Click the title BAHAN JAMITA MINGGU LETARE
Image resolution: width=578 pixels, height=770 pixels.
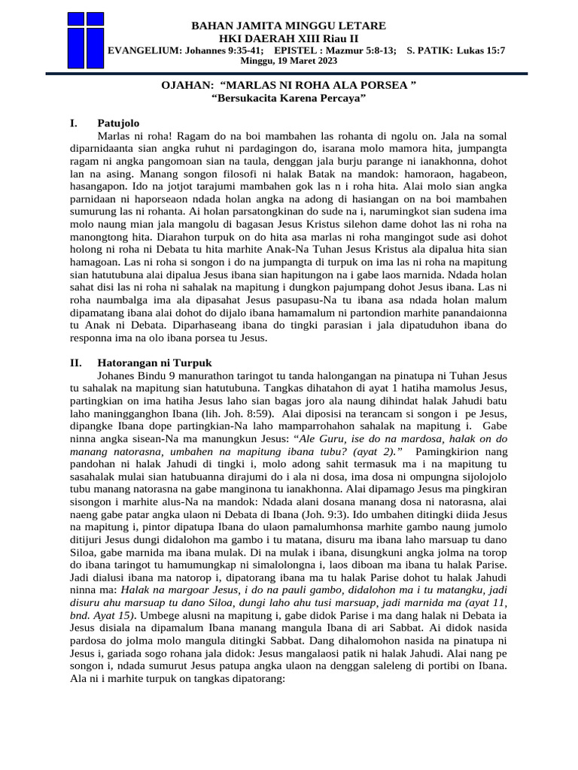289,26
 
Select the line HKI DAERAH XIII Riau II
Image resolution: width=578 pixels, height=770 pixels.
289,38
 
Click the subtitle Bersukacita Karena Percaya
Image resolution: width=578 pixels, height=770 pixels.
289,99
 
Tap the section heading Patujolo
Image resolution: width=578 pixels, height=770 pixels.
118,123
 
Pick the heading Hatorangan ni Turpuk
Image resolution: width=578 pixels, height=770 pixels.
144,362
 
